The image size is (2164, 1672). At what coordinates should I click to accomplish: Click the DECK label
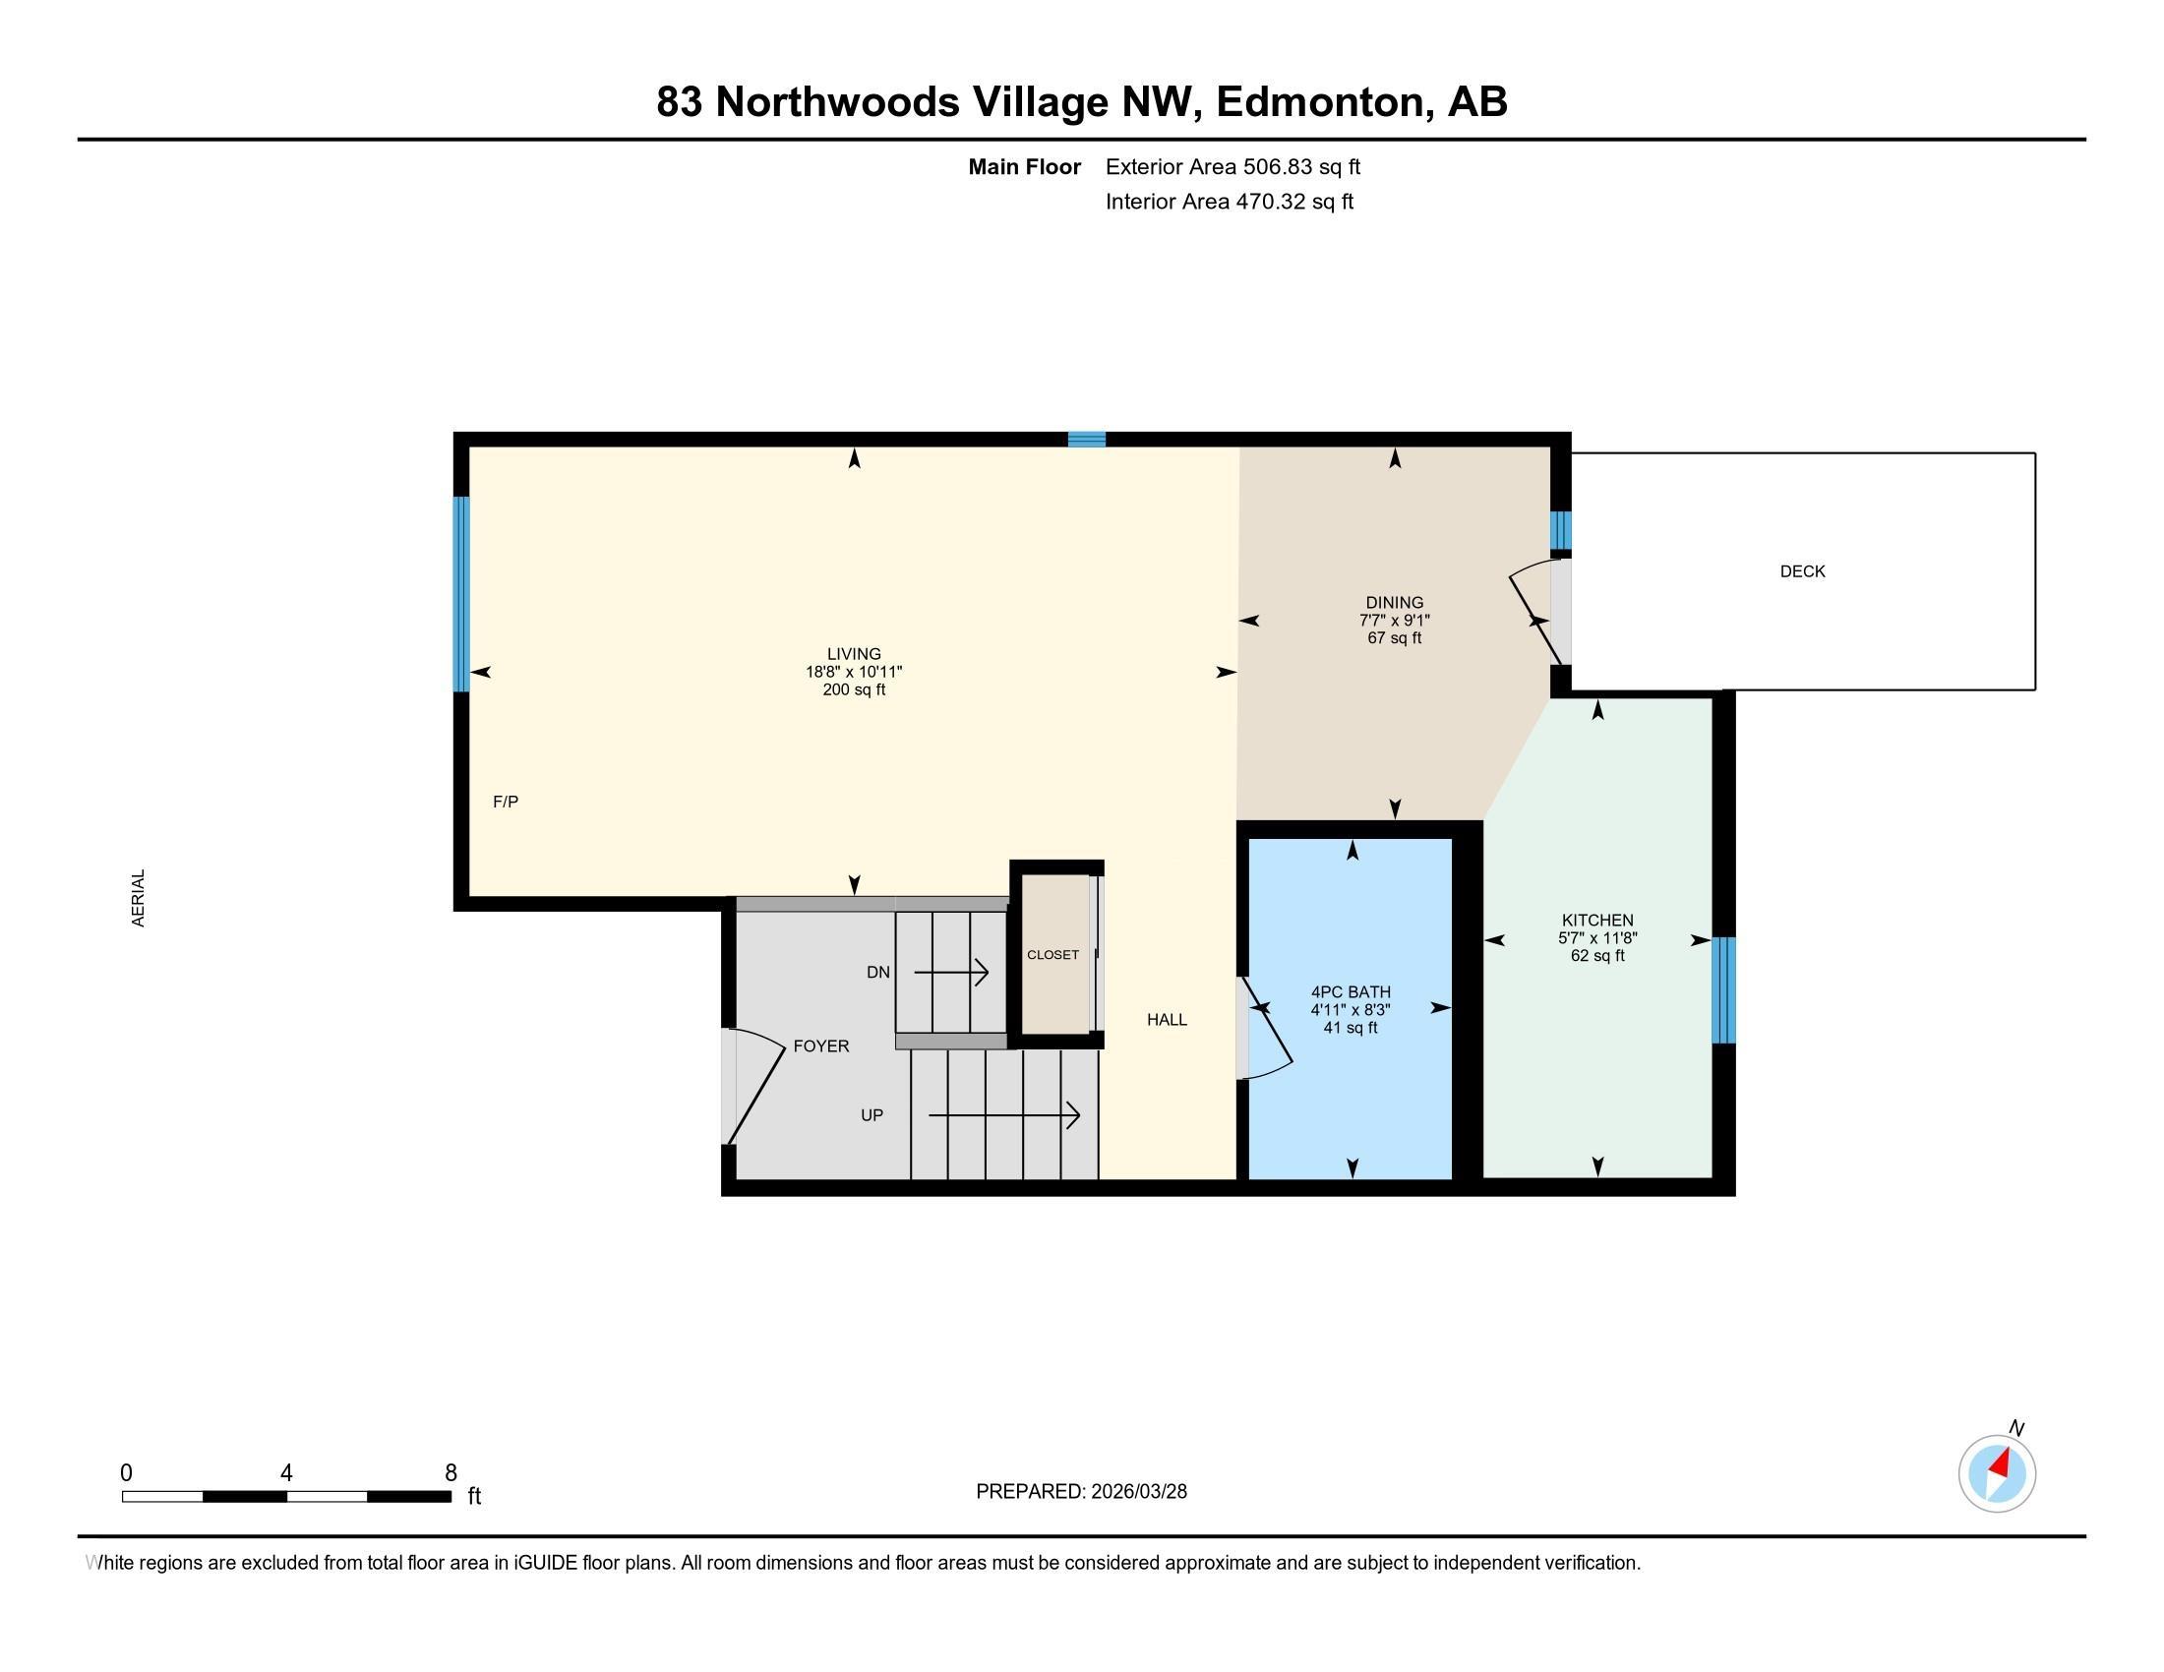(1802, 571)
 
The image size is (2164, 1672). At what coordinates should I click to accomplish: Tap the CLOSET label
(1052, 955)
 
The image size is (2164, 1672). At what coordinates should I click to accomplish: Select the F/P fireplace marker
(506, 802)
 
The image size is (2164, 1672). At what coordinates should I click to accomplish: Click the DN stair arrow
(951, 973)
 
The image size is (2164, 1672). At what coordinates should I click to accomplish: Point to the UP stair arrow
(1003, 1115)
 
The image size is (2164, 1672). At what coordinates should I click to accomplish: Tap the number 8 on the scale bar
(451, 1473)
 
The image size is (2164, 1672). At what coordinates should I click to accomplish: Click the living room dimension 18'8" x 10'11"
(854, 672)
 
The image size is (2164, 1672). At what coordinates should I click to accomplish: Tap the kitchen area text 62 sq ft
(1597, 956)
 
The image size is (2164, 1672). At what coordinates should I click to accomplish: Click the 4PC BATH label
(1351, 991)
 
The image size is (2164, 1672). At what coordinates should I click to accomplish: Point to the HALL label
(1168, 1019)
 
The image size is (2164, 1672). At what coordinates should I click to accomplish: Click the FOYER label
(821, 1046)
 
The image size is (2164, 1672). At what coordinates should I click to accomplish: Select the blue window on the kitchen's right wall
(1724, 990)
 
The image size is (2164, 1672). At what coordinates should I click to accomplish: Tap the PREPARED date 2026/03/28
(1137, 1492)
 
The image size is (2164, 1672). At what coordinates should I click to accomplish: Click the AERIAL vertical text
(139, 898)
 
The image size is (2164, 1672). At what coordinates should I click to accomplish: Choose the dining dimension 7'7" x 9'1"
(1394, 620)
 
